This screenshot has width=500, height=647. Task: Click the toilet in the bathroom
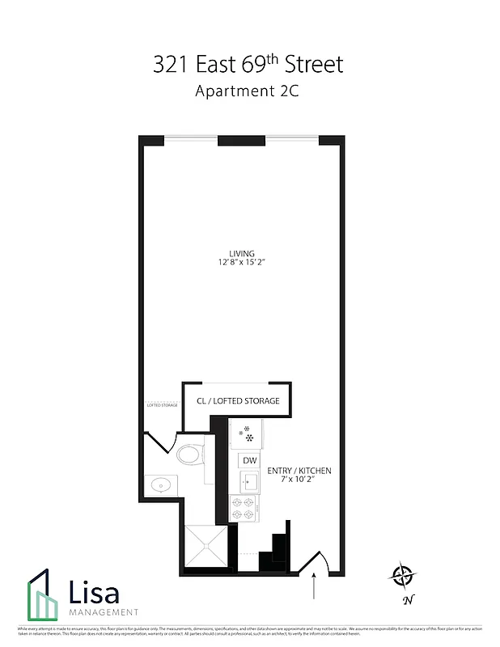(x=189, y=454)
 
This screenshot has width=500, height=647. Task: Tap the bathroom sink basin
(x=161, y=485)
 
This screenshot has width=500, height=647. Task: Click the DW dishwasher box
(x=248, y=460)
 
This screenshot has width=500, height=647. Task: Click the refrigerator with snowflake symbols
(x=245, y=434)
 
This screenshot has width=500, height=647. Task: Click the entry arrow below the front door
(x=314, y=587)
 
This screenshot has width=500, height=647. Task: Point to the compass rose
(x=402, y=576)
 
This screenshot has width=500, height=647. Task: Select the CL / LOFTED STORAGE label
(x=238, y=401)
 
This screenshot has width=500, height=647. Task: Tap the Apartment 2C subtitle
(x=248, y=91)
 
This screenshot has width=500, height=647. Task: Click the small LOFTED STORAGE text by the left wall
(x=162, y=404)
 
